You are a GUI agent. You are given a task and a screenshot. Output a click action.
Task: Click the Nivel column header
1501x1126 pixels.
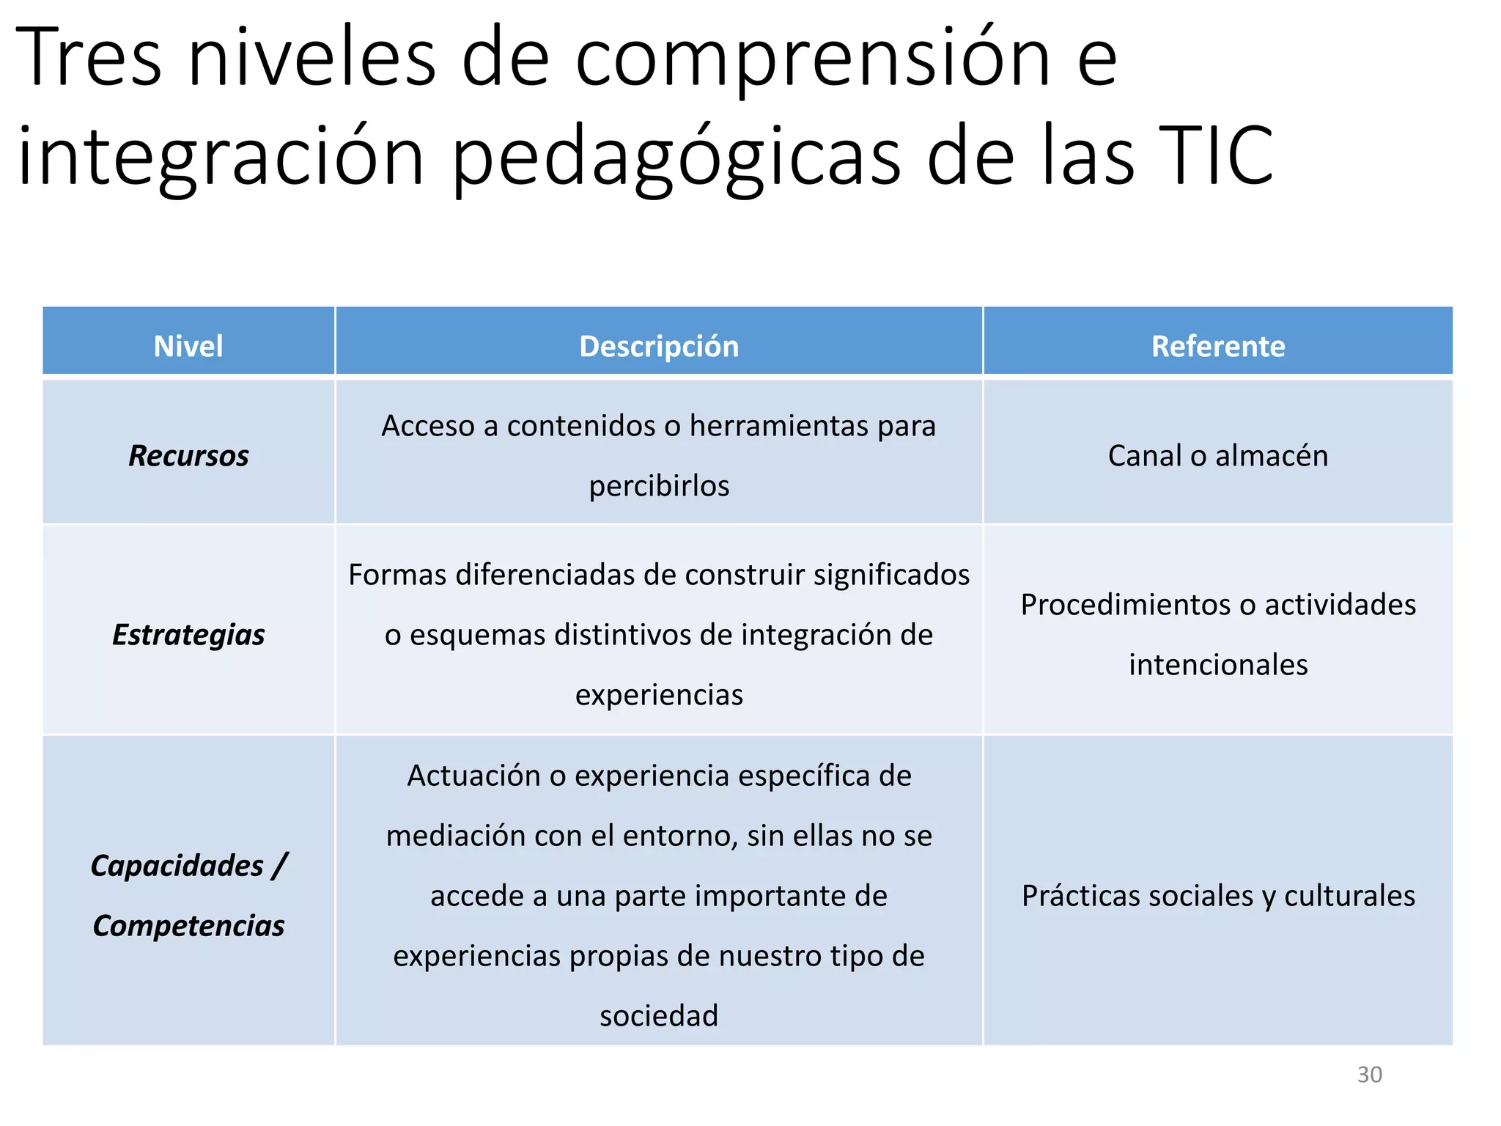coord(188,346)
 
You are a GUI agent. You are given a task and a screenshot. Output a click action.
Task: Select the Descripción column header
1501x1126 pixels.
coord(659,346)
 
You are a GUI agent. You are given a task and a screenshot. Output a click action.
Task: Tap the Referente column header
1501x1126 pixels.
coord(1218,346)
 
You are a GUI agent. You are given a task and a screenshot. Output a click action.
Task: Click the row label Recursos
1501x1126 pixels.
coord(188,456)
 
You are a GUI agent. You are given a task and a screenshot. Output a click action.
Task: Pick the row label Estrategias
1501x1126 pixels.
coord(188,635)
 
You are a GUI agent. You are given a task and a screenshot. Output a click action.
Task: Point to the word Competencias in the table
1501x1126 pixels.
coord(188,926)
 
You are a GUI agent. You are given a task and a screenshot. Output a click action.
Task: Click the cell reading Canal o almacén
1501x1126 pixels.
coord(1218,456)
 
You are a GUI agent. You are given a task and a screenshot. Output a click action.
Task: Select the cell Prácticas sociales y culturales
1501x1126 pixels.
coord(1218,896)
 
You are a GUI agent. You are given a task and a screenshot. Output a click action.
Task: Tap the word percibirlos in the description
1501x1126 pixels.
coord(659,486)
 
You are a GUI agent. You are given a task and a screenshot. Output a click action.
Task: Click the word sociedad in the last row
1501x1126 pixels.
coord(659,1016)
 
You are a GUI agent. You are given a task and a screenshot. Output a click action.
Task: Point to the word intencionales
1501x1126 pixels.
coord(1218,665)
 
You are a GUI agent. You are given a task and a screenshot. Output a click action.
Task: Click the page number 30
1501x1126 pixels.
coord(1369,1075)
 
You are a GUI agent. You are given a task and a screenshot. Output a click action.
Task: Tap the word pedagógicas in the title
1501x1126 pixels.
coord(676,156)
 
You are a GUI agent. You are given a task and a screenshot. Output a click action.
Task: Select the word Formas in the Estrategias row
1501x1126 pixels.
coord(397,575)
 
